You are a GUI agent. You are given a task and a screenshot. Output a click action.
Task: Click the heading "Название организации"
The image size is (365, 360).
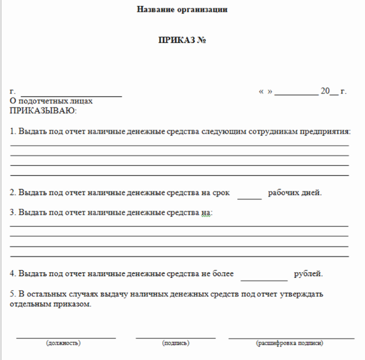click(x=182, y=10)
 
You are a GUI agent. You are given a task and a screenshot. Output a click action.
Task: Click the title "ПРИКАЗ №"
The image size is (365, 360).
click(x=182, y=40)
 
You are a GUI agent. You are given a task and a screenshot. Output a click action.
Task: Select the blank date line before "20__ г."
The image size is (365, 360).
click(x=296, y=95)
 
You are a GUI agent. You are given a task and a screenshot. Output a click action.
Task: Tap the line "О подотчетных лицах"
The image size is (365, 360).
click(x=51, y=102)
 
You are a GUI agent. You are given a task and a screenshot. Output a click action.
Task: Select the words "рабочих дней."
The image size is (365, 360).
click(x=295, y=193)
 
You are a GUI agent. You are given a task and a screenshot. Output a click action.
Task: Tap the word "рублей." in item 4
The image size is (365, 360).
click(x=308, y=274)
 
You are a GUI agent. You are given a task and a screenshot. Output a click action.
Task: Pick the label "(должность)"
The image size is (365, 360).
click(x=63, y=342)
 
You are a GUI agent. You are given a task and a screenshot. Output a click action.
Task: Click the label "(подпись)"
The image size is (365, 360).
click(x=175, y=342)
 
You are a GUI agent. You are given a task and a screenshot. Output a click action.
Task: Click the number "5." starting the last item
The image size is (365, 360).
click(x=13, y=294)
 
